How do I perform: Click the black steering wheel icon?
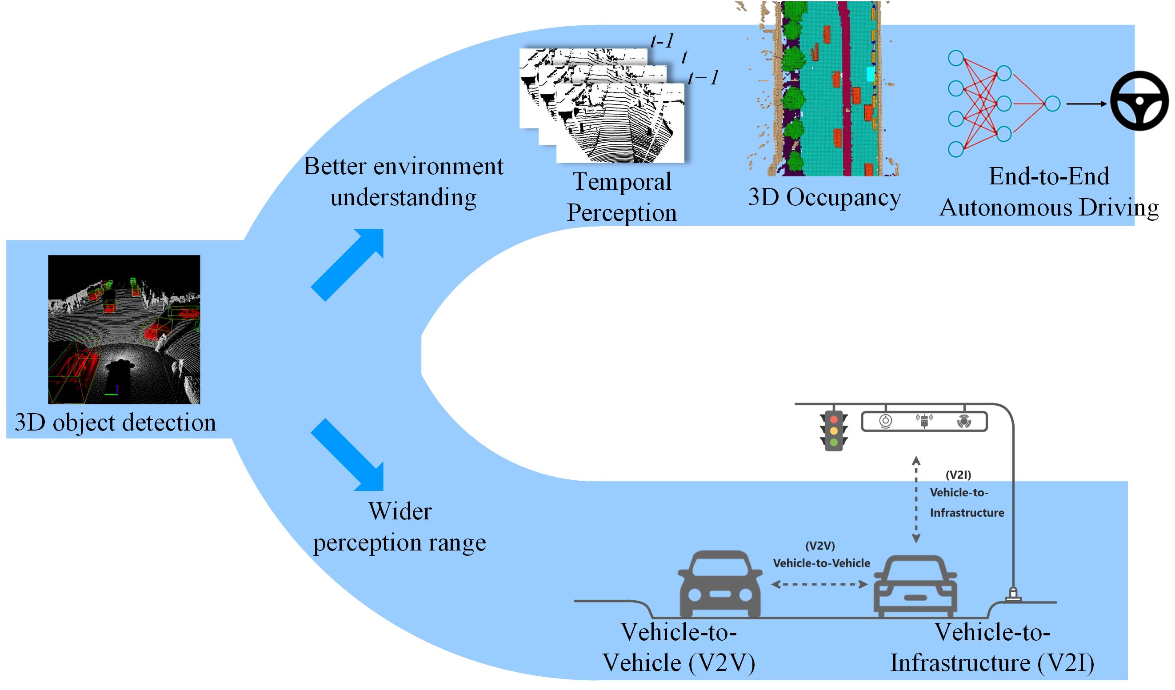(1139, 101)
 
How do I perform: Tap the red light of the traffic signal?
(834, 419)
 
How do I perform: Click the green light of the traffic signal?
(834, 442)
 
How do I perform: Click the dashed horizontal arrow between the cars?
(819, 585)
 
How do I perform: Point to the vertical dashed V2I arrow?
(916, 500)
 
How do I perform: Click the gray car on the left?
(719, 584)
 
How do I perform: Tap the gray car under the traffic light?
(915, 586)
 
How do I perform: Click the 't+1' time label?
(703, 77)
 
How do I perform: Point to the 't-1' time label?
(662, 41)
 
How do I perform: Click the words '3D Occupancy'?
(824, 197)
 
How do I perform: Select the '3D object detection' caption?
(115, 423)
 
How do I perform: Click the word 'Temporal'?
(622, 181)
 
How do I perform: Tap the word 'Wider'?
(400, 511)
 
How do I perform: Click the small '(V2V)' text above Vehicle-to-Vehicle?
(820, 546)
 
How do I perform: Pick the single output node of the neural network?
(1052, 104)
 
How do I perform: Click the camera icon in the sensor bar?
(885, 422)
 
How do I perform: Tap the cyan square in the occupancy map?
(870, 74)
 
